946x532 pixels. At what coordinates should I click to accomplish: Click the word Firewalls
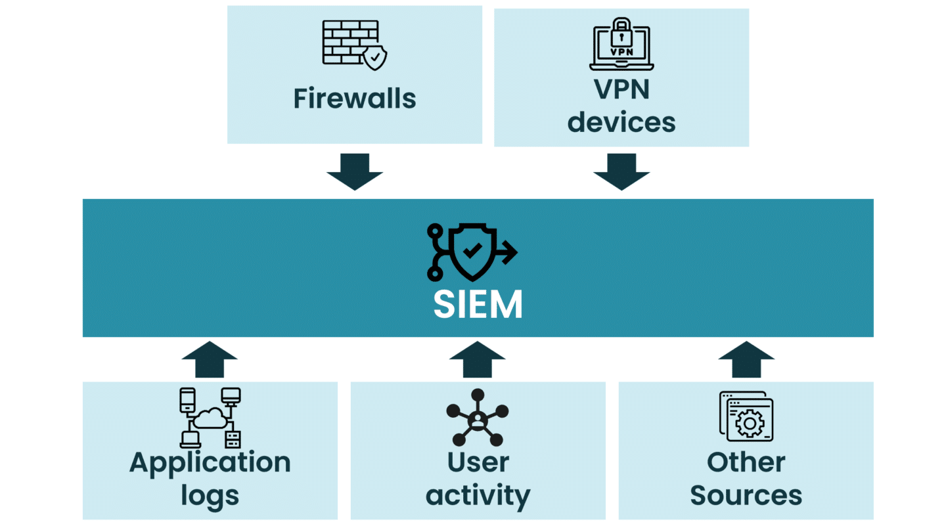354,99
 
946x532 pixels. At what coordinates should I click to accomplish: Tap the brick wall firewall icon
350,42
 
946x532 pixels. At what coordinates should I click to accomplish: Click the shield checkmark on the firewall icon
375,58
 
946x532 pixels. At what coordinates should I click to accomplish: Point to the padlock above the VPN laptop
621,30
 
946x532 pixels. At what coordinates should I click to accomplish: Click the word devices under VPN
621,122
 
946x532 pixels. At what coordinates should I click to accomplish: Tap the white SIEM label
478,305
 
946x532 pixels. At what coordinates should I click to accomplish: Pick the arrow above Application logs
210,359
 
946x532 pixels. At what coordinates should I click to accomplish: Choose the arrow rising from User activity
478,359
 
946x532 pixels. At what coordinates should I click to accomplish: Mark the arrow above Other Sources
746,359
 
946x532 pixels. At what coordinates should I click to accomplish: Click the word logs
210,495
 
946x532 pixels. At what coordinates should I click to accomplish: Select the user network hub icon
478,418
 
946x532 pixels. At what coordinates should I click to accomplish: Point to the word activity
478,495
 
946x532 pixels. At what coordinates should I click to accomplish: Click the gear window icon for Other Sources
746,416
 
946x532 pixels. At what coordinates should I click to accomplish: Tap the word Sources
746,495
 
